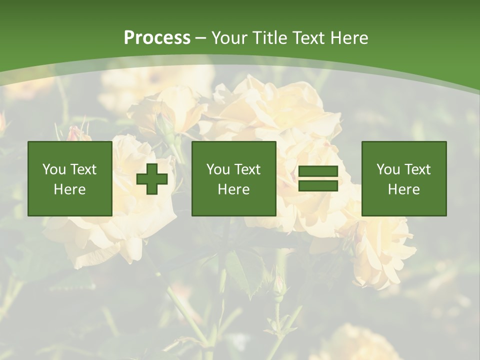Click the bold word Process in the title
pyautogui.click(x=157, y=38)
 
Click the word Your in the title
pyautogui.click(x=230, y=38)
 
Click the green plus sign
pyautogui.click(x=152, y=179)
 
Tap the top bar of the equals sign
pyautogui.click(x=318, y=171)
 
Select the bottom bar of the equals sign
pyautogui.click(x=318, y=186)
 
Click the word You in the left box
pyautogui.click(x=54, y=169)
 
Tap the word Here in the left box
pyautogui.click(x=69, y=189)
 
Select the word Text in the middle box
pyautogui.click(x=247, y=169)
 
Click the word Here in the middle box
pyautogui.click(x=233, y=189)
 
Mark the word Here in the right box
pyautogui.click(x=403, y=189)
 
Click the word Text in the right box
pyautogui.click(x=417, y=169)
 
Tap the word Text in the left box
pyautogui.click(x=83, y=169)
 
